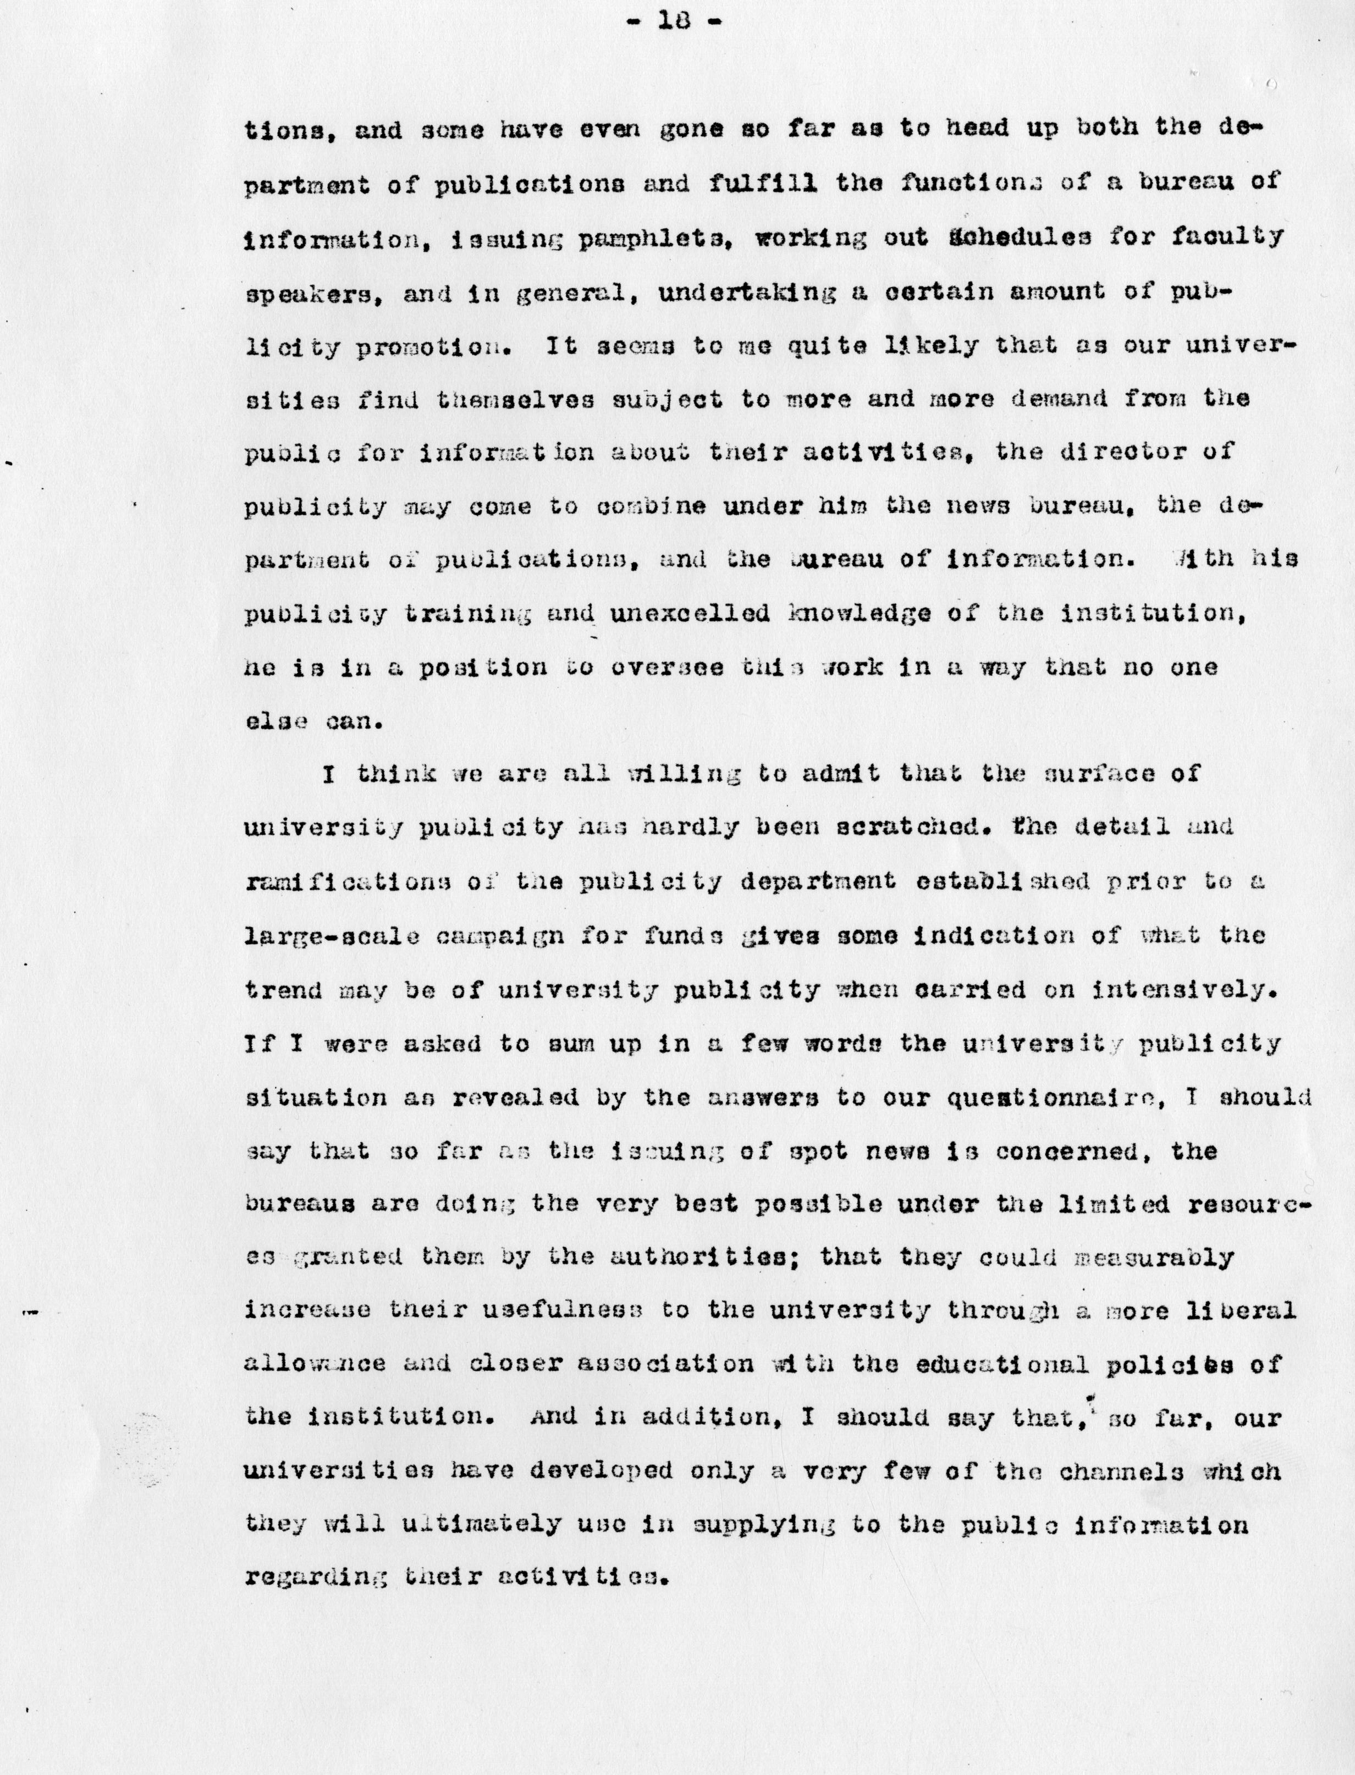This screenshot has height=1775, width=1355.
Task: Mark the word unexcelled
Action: [x=690, y=615]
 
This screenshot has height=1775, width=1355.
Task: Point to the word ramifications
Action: [x=347, y=881]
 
